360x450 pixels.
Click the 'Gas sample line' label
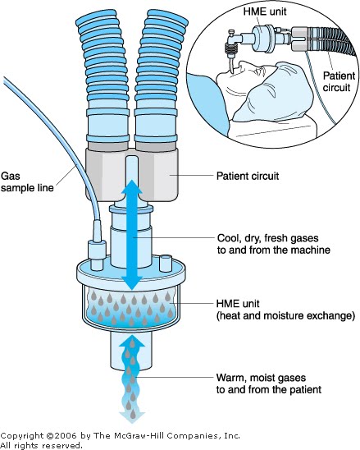[x=27, y=181]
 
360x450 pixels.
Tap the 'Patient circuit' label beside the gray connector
[x=248, y=176]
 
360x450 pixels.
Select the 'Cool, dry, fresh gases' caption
[x=267, y=238]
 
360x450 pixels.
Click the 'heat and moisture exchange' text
[x=285, y=315]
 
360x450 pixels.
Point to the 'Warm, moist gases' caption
[x=261, y=378]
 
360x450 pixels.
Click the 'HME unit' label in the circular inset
[x=265, y=11]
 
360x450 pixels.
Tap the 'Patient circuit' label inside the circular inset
[x=339, y=81]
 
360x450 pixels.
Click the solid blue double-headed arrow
[x=132, y=235]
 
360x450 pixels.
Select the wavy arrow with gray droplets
[x=132, y=379]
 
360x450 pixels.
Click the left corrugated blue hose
[x=105, y=77]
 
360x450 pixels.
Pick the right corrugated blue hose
[x=158, y=77]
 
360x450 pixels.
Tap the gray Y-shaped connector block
[x=132, y=175]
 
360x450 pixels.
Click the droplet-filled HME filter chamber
[x=131, y=306]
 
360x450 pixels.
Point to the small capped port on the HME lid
[x=166, y=263]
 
